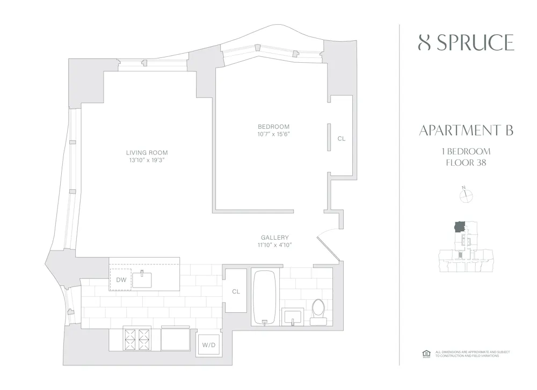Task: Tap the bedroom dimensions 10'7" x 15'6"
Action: coord(274,134)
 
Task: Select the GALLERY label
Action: coord(274,238)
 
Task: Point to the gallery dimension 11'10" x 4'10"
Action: coord(274,245)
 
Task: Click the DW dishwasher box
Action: coord(120,279)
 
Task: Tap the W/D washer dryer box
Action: coord(208,344)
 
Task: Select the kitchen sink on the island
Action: coord(142,279)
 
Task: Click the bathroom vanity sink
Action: coord(293,317)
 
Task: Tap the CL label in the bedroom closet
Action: coord(342,138)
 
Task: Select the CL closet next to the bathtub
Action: coord(236,291)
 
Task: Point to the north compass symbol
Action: coord(466,195)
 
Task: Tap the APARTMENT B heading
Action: coord(466,130)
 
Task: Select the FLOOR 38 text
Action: coord(466,163)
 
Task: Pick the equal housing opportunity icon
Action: coord(427,354)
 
